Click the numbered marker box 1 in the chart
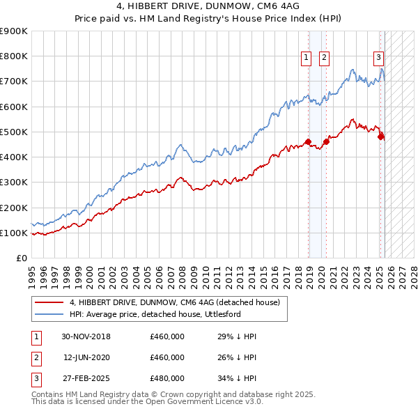click(x=307, y=58)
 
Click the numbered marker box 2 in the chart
click(x=325, y=58)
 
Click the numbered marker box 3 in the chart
click(x=378, y=58)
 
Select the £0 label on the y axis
click(x=21, y=258)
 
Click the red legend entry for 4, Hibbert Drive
click(x=174, y=302)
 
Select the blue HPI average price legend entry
click(x=164, y=314)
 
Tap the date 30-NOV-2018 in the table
click(x=86, y=337)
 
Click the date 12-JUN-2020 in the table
click(x=86, y=358)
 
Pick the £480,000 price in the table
click(x=167, y=379)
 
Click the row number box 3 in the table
click(x=36, y=379)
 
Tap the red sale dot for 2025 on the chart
click(x=380, y=137)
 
